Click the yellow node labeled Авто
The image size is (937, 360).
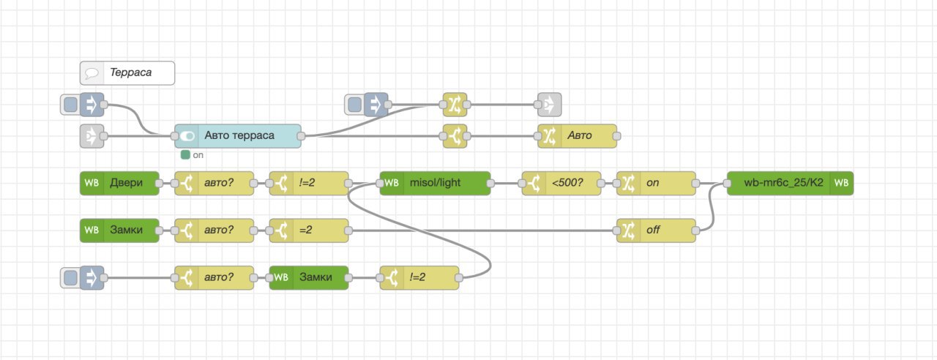578,135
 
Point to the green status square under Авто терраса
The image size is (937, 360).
185,154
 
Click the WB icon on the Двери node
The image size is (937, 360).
92,182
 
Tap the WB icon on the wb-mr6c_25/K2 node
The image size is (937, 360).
841,182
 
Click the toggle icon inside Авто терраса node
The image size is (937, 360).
187,135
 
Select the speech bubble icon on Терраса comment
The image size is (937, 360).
92,72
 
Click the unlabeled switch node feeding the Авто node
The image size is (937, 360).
455,135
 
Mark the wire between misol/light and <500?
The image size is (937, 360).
506,182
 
